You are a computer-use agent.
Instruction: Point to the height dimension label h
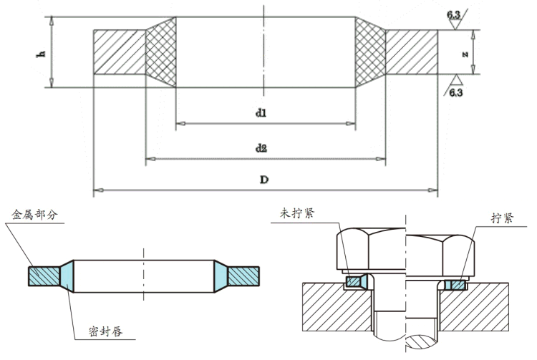pos(42,52)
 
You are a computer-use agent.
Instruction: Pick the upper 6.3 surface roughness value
pos(455,14)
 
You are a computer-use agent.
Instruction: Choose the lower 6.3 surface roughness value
pos(456,93)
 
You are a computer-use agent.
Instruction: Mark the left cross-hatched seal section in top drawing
pos(160,52)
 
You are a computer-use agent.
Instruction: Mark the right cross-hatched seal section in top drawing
pos(370,52)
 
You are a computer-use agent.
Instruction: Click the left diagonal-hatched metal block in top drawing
pos(119,52)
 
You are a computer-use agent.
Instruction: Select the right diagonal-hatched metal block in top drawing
pos(412,52)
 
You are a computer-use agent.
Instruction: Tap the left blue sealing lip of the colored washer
pos(66,275)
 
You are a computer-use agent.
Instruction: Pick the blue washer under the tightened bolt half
pos(453,284)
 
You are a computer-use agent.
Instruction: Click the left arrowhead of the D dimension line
pos(97,190)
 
